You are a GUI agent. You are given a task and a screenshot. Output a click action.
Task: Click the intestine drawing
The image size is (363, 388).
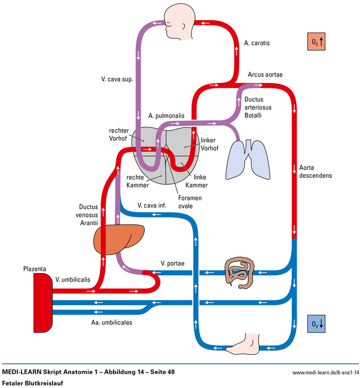pyautogui.click(x=239, y=272)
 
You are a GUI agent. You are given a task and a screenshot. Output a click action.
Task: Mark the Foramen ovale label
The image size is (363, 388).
pyautogui.click(x=190, y=202)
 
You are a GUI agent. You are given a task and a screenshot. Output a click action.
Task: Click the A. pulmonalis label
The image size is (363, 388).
pyautogui.click(x=167, y=116)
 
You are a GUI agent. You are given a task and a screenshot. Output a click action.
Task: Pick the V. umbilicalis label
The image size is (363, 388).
pyautogui.click(x=72, y=280)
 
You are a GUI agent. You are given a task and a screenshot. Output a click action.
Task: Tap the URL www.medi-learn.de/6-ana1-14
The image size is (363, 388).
pyautogui.click(x=326, y=373)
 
